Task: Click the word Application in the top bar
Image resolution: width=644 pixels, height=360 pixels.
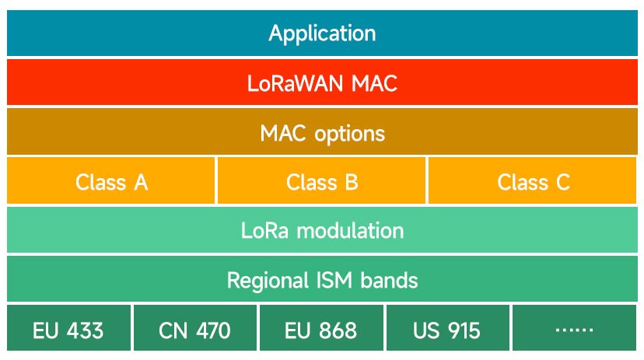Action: pos(322,33)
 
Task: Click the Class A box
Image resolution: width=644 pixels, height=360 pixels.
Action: pos(111,182)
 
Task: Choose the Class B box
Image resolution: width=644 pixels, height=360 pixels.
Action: pos(322,182)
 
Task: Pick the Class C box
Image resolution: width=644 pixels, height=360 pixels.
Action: pos(533,182)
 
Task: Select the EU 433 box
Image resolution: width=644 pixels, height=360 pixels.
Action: pos(68,330)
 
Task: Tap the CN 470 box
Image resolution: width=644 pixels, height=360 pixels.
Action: pos(194,330)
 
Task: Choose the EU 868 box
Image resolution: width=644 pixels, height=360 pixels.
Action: pos(320,330)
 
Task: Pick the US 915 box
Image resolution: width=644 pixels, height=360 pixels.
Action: pos(447,330)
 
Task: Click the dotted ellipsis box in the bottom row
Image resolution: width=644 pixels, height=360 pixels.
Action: pos(574,330)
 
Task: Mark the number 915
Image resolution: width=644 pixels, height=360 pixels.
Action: pos(464,330)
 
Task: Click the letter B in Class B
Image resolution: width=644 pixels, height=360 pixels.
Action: pos(351,182)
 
